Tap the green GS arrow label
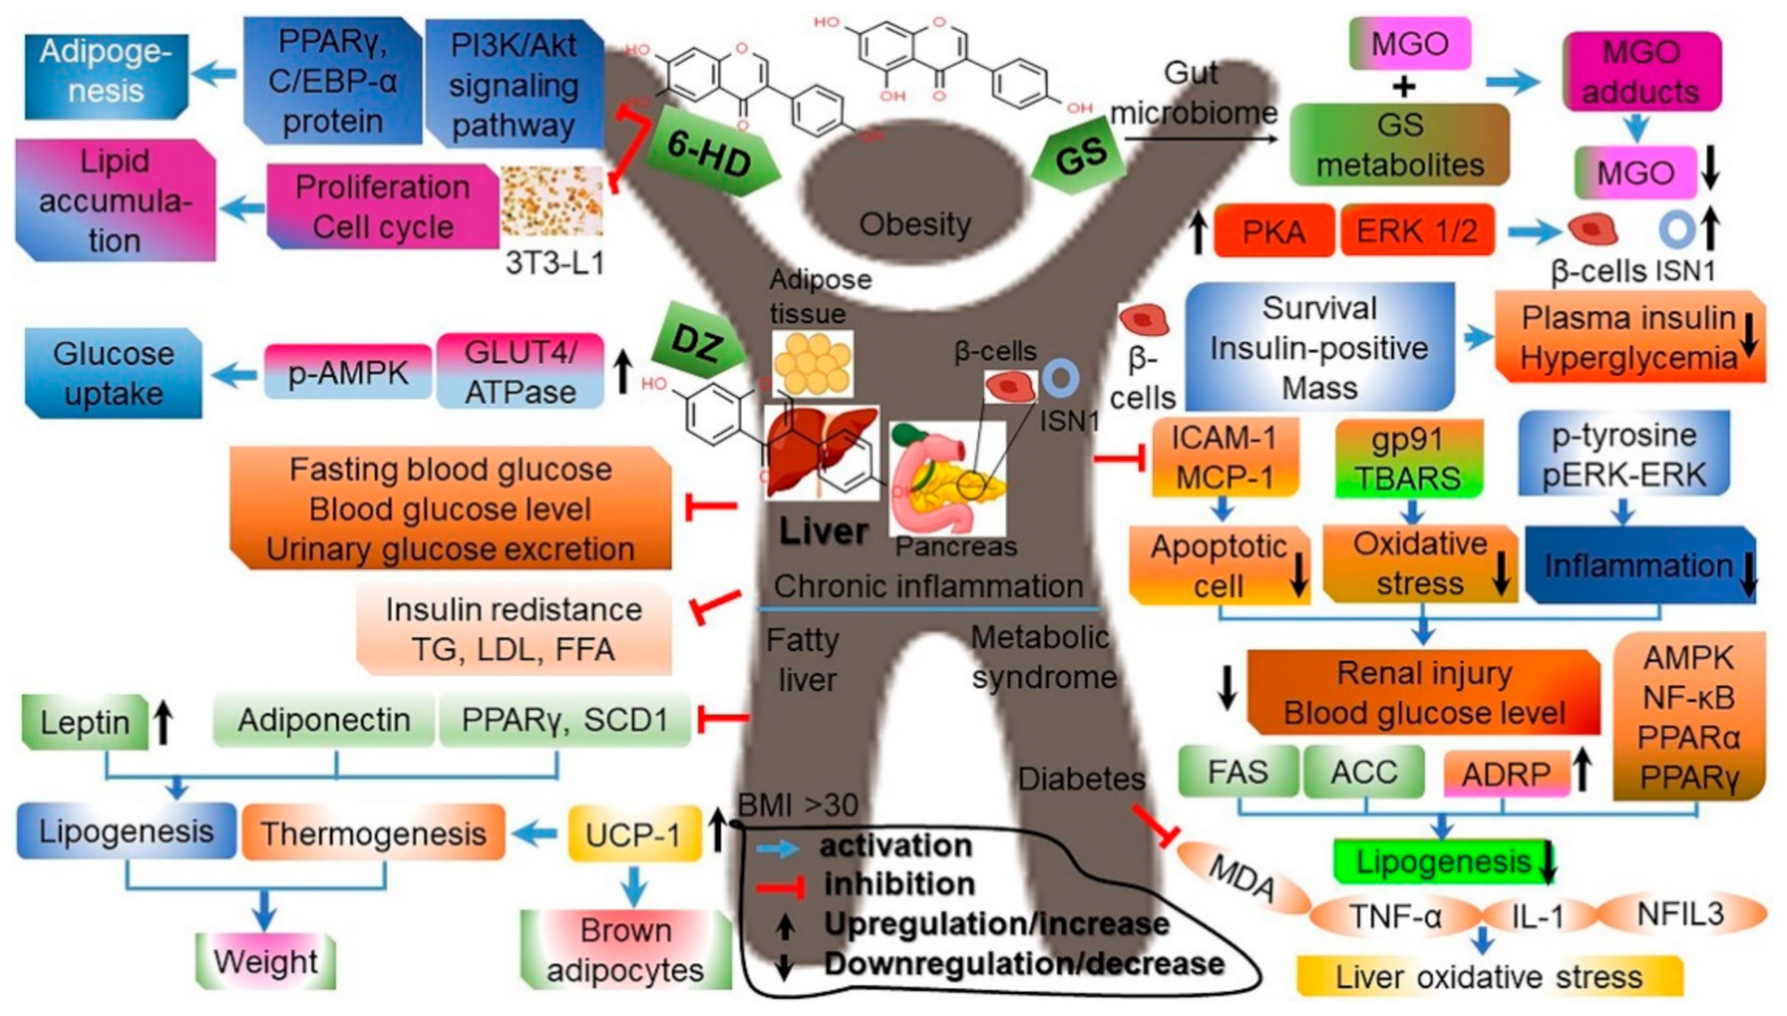1080,157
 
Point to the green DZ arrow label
696,343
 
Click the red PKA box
1273,231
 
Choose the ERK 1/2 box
1416,231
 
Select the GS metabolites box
1399,145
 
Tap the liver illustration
820,452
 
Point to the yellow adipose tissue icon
812,364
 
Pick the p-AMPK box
348,373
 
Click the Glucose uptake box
113,373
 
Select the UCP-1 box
633,834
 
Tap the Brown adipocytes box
625,950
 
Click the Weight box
265,960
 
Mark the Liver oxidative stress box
1488,977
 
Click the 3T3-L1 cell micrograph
551,201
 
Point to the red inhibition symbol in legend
778,884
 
